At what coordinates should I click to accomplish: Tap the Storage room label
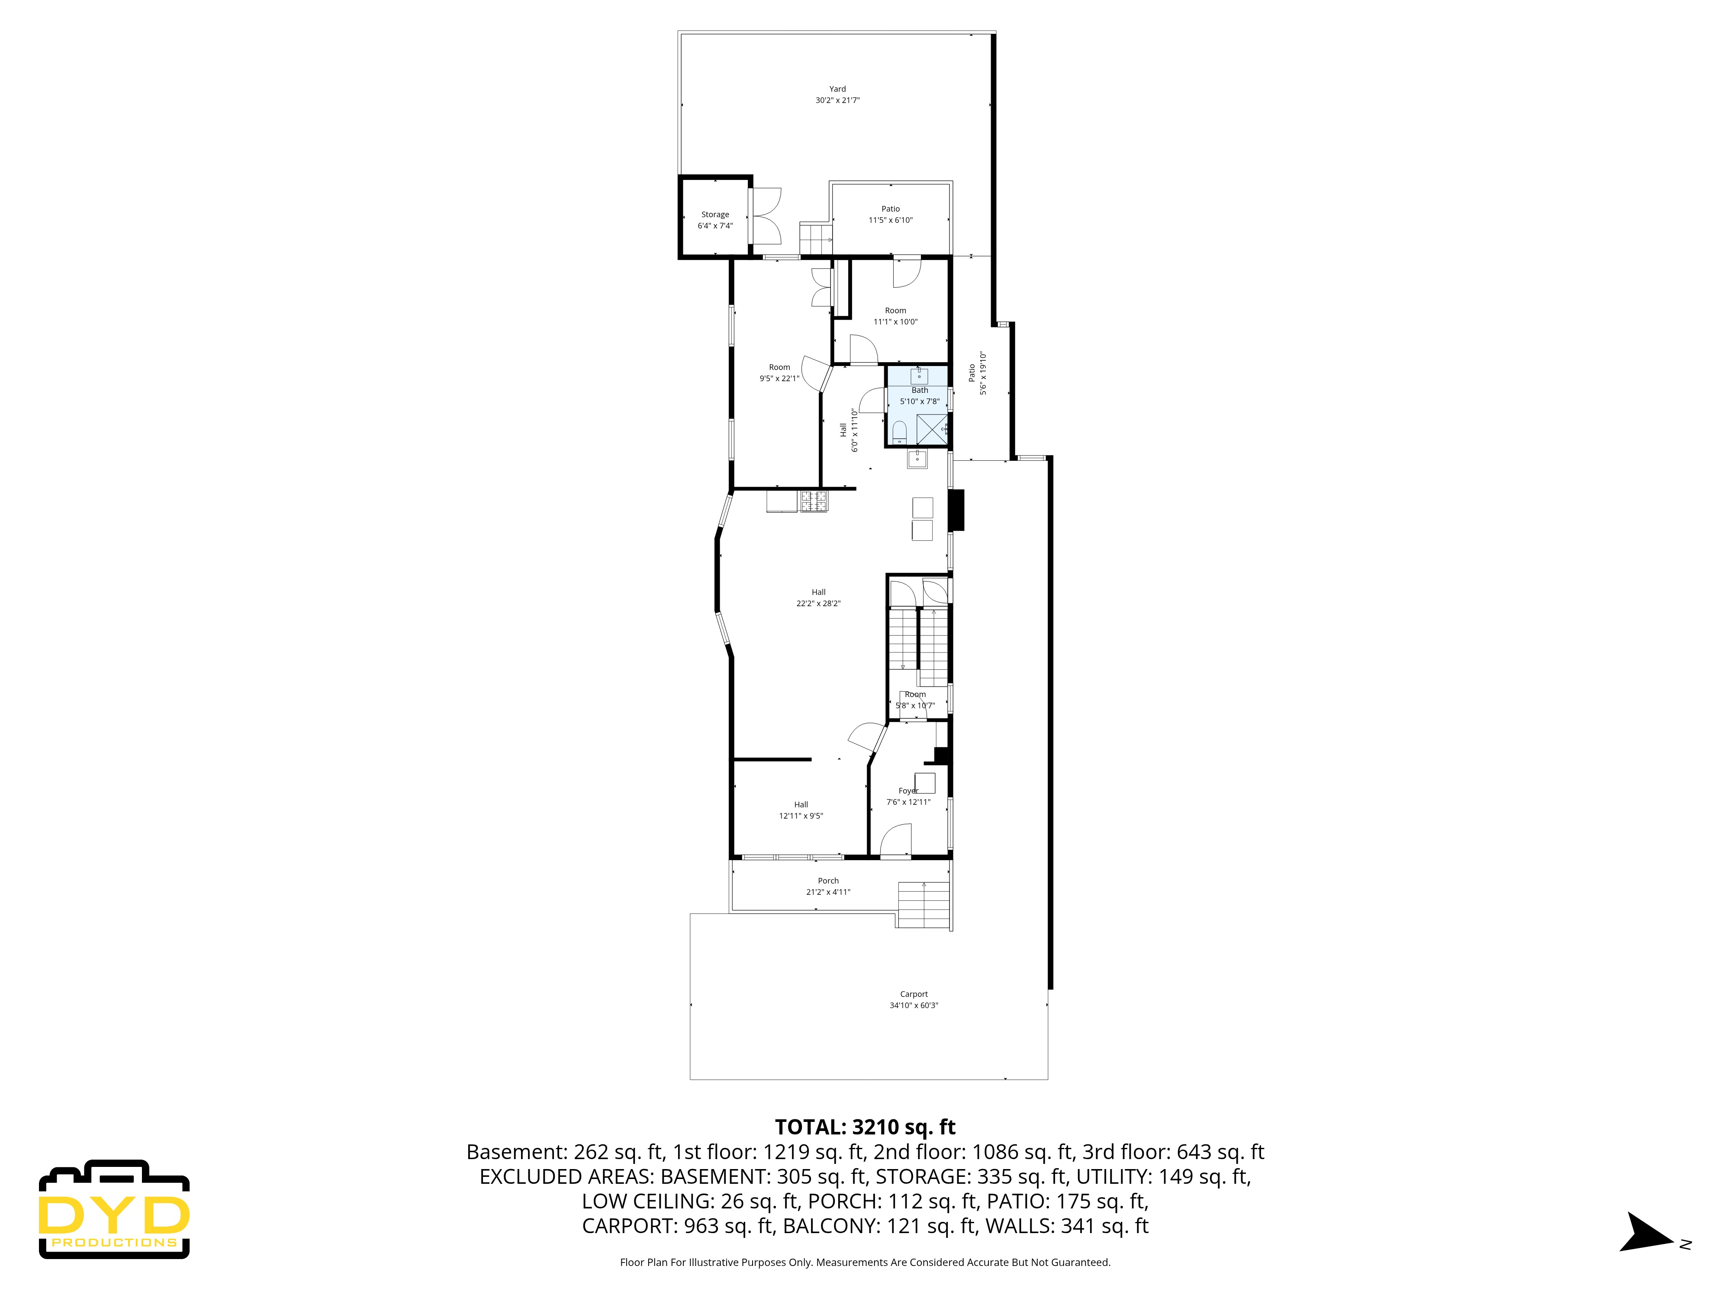click(x=714, y=214)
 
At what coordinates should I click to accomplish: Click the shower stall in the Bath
click(x=931, y=429)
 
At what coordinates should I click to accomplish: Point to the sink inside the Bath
click(x=919, y=376)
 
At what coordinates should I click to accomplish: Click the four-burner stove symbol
click(x=813, y=501)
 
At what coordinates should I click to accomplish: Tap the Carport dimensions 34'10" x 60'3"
click(x=913, y=1006)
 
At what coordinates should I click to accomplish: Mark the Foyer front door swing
click(x=896, y=842)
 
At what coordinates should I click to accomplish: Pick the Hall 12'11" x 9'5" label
click(x=801, y=810)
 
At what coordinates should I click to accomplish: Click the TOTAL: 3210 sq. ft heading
click(x=865, y=1128)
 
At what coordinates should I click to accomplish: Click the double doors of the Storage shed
click(x=765, y=216)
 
